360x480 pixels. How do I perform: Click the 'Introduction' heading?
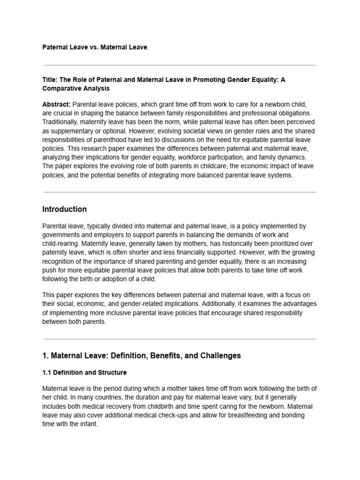coord(64,209)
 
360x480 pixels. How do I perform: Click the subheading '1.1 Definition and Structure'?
coord(84,373)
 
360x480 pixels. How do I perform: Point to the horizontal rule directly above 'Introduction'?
coord(180,192)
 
